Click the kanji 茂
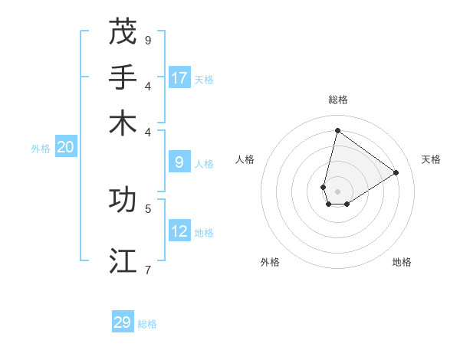coord(123,32)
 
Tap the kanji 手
coord(123,77)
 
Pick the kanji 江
coord(123,260)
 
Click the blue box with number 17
coord(179,78)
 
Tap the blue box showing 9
coord(179,162)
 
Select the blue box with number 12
coord(179,231)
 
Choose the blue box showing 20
coord(65,148)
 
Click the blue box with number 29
coord(123,322)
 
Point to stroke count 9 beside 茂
coord(148,40)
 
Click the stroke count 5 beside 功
coord(148,208)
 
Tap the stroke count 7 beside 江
coord(148,269)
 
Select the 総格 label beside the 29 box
coord(147,324)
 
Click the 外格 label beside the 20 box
coord(41,149)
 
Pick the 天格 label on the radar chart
coord(431,159)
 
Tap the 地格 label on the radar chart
coord(402,262)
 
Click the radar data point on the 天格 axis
coord(396,172)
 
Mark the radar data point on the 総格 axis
coord(337,129)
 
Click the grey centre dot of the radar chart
coord(337,191)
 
